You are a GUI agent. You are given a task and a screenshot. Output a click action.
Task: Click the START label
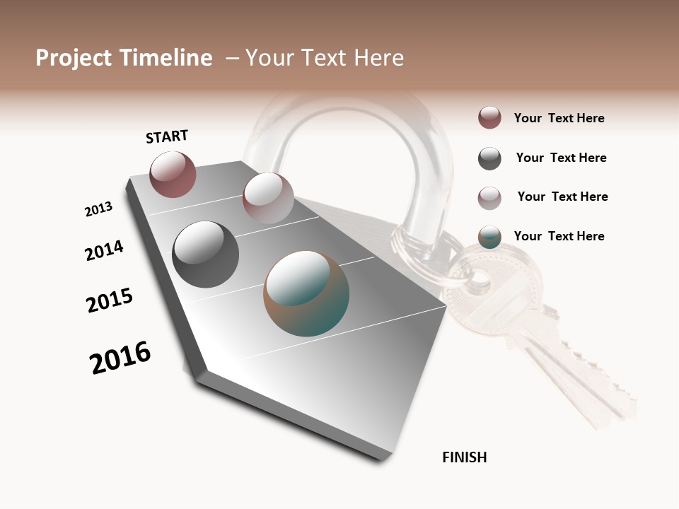pos(167,136)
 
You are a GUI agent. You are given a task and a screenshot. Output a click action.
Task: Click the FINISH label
pos(464,457)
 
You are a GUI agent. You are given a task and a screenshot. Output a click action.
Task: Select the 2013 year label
pos(99,209)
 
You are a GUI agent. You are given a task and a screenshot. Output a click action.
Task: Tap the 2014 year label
pos(104,250)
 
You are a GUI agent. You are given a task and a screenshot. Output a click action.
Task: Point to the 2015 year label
pos(110,300)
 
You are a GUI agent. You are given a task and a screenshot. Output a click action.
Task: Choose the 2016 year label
pos(120,358)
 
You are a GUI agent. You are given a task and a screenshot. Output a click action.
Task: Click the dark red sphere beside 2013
pos(173,175)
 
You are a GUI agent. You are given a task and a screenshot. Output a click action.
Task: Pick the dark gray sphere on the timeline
pos(206,255)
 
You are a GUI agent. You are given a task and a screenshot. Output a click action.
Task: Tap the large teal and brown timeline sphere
pos(306,293)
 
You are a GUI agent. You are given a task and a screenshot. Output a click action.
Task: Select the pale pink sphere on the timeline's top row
pos(268,198)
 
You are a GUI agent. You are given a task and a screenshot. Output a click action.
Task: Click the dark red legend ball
pos(489,118)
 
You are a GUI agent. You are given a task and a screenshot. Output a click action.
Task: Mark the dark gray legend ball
pos(489,158)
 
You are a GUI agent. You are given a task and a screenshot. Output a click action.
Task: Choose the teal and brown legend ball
pos(489,237)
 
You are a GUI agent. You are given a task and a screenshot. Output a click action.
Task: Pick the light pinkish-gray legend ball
pos(489,197)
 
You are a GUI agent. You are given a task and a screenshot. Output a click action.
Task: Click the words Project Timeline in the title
pos(124,58)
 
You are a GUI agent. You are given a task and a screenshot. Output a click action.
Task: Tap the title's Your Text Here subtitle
pos(325,58)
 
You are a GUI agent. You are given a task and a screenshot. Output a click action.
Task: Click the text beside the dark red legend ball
pos(559,118)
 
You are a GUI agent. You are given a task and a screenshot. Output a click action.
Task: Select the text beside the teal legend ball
pos(559,236)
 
